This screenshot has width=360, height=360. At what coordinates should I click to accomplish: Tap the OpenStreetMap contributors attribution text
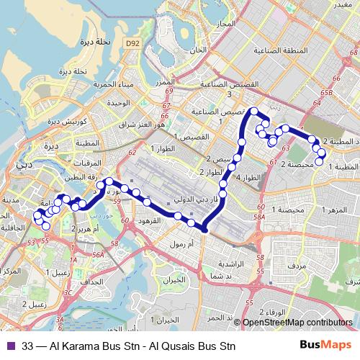pos(297,323)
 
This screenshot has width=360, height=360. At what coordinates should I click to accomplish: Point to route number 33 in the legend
pos(28,346)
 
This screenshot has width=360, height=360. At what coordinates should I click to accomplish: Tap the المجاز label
pos(225,24)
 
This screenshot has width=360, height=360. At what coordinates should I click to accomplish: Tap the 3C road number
pos(68,293)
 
